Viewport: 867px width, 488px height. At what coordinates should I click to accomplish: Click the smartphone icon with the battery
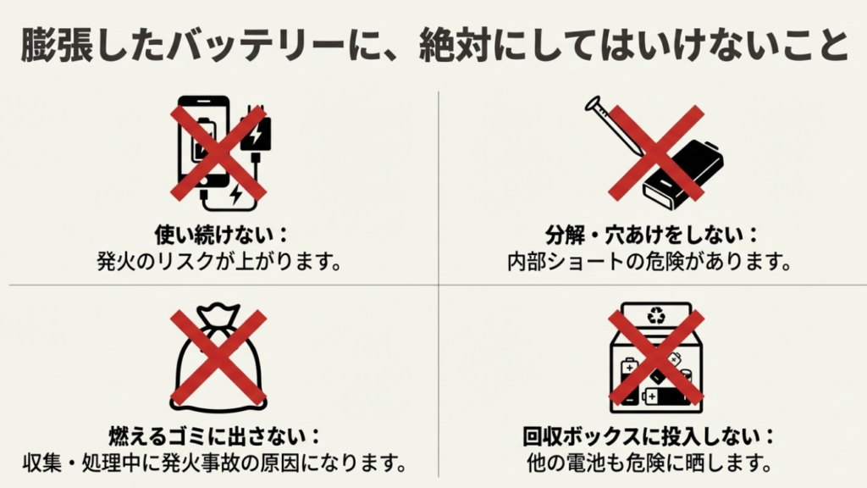[203, 147]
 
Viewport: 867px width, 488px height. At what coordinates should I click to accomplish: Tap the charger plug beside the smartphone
[255, 136]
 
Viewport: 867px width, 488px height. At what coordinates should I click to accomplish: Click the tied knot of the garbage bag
[218, 315]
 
